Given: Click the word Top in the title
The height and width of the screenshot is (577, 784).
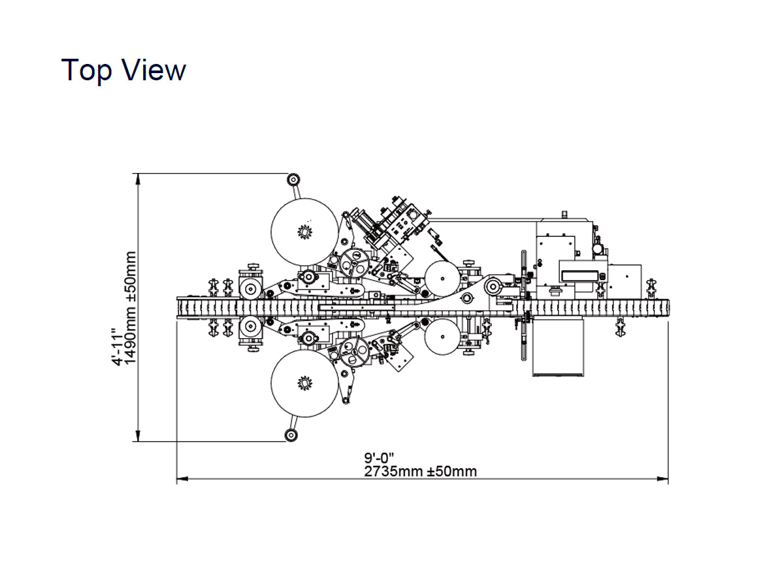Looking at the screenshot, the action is pyautogui.click(x=86, y=71).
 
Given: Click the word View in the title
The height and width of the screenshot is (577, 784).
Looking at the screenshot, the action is pyautogui.click(x=155, y=70).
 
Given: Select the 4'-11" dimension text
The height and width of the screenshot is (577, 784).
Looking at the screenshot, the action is pyautogui.click(x=118, y=347).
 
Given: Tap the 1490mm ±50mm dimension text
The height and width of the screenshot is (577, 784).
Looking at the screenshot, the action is pyautogui.click(x=130, y=307).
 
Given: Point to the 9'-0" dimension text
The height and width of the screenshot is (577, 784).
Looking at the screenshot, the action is pyautogui.click(x=379, y=458).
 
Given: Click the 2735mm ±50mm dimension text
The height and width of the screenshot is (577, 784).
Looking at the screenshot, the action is pyautogui.click(x=420, y=471).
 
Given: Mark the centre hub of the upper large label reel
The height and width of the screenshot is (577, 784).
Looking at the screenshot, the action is pyautogui.click(x=304, y=232).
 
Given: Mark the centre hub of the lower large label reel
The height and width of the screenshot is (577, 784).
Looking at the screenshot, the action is pyautogui.click(x=304, y=383).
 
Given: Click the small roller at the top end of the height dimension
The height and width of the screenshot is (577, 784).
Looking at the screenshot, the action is pyautogui.click(x=293, y=180).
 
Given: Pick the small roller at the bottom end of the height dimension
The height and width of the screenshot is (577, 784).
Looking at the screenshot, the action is pyautogui.click(x=291, y=435).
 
